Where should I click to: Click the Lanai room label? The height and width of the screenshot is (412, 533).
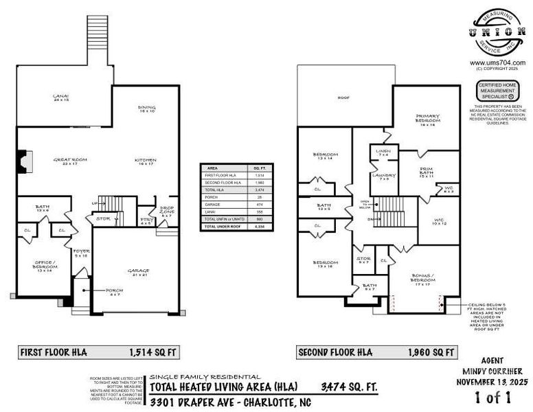[61, 98]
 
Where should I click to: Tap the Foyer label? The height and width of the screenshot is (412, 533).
[82, 253]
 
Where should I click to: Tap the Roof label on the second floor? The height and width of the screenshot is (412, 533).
[343, 98]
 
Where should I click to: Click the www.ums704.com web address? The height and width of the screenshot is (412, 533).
[497, 62]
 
